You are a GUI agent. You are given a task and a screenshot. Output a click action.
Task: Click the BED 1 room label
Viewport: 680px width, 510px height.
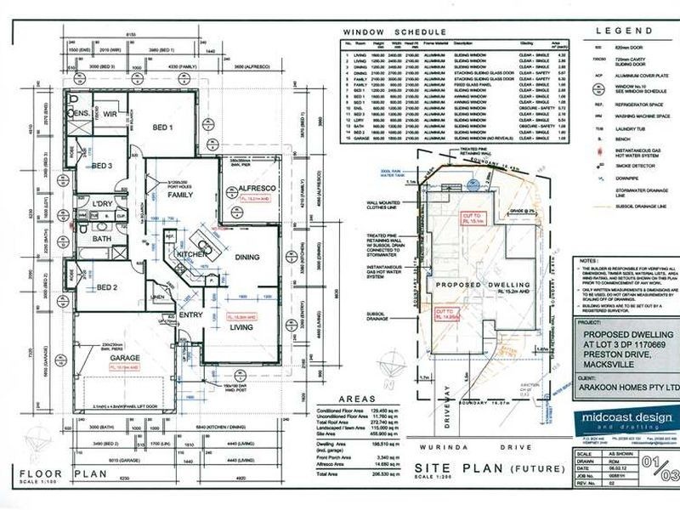point(164,127)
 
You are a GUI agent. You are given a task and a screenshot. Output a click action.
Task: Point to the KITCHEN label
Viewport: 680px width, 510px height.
point(190,253)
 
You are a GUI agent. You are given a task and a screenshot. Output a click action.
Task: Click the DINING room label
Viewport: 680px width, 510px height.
point(246,256)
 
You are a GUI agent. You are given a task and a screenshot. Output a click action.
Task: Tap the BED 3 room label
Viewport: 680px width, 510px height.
point(102,166)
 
